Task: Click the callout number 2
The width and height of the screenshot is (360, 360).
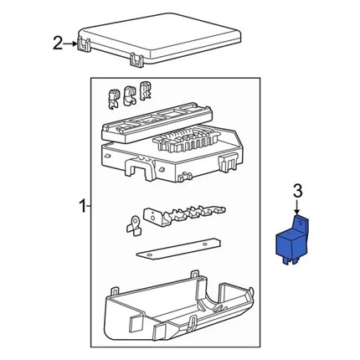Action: pos(58,44)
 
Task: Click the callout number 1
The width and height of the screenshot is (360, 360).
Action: pos(83,206)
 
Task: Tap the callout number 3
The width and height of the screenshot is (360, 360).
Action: pos(298,191)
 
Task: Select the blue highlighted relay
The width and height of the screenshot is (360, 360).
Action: pos(292,240)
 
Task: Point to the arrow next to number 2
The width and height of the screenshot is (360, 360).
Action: pos(70,44)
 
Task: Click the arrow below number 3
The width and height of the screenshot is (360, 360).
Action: pos(297,207)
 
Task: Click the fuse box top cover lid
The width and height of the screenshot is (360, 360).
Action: pos(159,39)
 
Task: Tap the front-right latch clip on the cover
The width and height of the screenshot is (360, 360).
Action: pos(136,60)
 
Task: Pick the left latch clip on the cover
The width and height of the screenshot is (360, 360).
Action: pos(84,44)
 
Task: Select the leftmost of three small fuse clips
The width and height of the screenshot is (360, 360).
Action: pos(113,99)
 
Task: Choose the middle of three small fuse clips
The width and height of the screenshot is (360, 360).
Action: pos(130,95)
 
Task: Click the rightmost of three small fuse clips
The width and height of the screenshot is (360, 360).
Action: pos(145,90)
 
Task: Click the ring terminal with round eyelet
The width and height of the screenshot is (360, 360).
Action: pos(134,226)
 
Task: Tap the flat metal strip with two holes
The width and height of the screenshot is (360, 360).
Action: pos(178,249)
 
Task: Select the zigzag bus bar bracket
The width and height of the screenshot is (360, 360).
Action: pos(184,215)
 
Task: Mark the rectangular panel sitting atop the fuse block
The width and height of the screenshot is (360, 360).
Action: pos(157,123)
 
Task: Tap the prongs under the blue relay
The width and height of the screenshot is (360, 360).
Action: pos(291,260)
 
